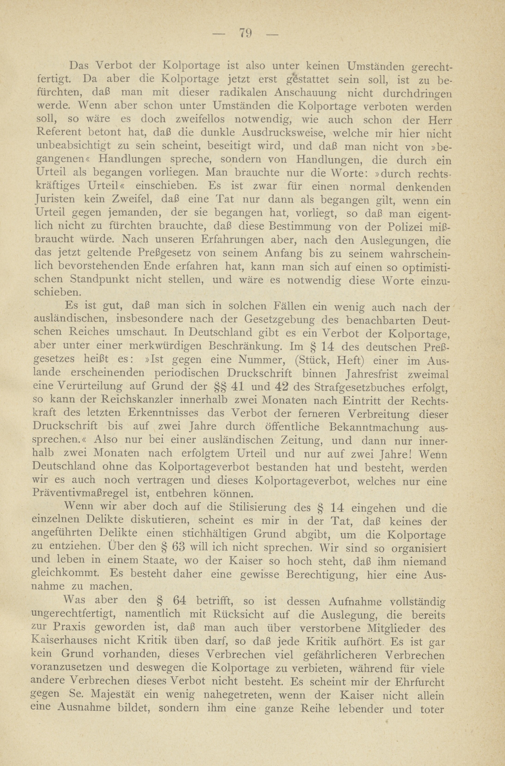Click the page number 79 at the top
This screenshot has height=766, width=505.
pos(245,33)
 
